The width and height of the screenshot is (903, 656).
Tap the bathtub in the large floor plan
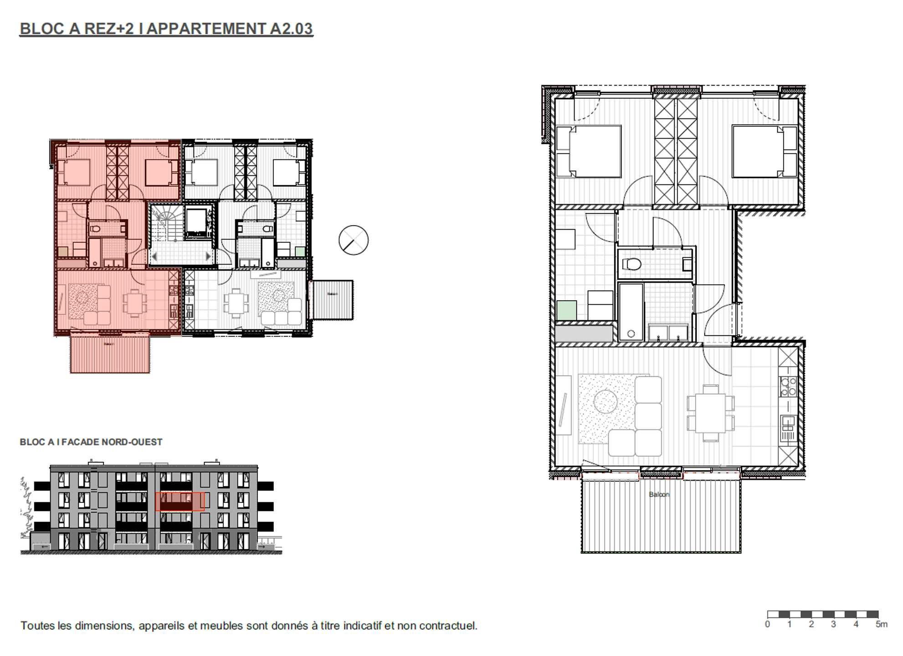point(631,312)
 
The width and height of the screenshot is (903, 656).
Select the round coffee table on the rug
point(605,402)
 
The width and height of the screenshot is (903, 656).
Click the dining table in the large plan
point(710,413)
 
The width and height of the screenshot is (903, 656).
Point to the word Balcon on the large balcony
point(659,494)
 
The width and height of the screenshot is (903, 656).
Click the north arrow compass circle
point(354,240)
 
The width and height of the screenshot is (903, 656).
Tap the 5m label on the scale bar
point(881,625)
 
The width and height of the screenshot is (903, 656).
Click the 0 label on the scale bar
point(768,625)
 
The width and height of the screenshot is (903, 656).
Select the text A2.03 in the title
point(291,29)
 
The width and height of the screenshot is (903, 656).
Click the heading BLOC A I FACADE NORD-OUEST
point(91,442)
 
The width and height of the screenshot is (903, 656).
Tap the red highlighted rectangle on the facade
point(180,502)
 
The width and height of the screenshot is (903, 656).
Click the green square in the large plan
point(567,310)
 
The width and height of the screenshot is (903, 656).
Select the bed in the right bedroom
point(757,151)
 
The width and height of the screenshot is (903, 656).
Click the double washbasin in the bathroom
point(668,333)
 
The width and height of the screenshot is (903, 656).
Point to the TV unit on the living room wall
point(564,405)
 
